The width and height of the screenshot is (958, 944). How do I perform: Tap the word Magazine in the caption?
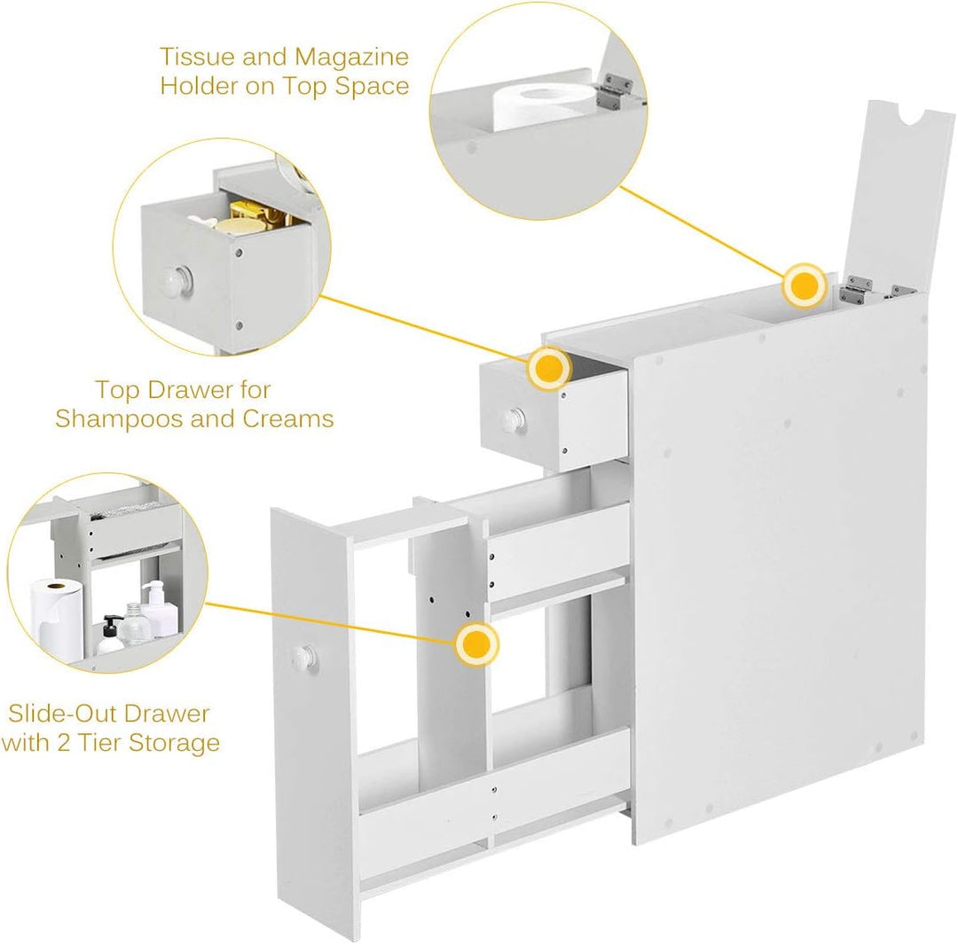(352, 58)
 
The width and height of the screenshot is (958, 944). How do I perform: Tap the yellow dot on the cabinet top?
(805, 285)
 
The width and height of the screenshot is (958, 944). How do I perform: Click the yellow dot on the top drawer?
(549, 369)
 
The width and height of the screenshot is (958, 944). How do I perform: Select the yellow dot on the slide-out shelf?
(476, 644)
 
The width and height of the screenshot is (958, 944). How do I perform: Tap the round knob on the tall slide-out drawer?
(303, 657)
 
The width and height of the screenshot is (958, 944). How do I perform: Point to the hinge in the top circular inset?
(614, 91)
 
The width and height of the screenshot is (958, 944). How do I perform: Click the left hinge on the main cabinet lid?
(858, 290)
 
